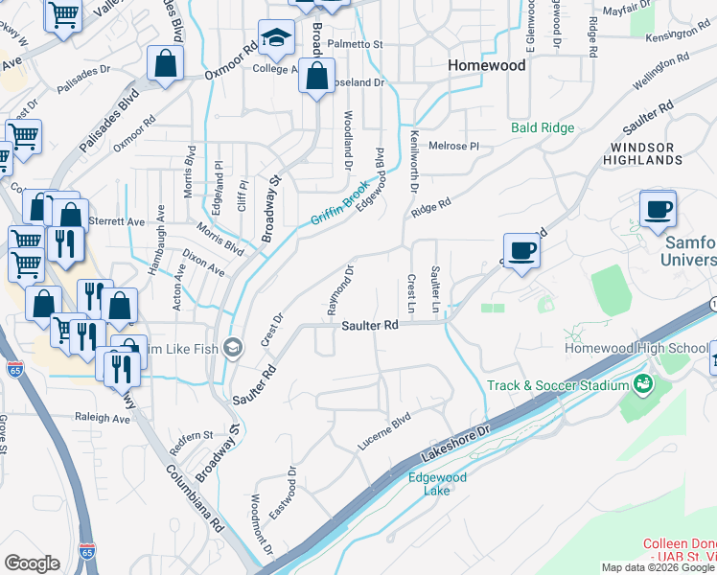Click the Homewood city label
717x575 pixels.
click(488, 66)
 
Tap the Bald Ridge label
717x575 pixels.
click(543, 127)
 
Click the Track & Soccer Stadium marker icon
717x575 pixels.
click(642, 385)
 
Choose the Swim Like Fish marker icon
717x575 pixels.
click(232, 347)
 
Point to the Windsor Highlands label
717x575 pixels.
click(641, 154)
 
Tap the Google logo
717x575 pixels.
click(33, 563)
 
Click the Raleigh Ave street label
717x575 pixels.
click(103, 419)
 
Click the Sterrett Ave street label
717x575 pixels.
click(123, 221)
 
